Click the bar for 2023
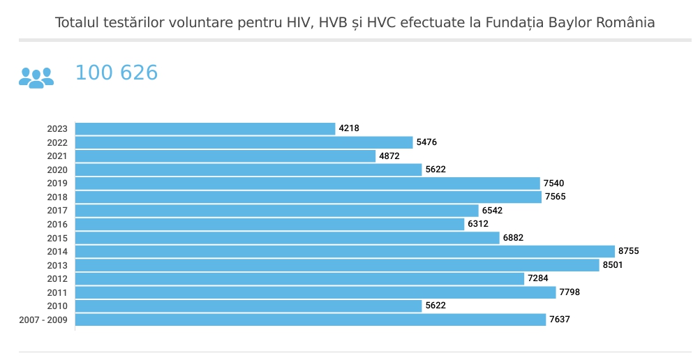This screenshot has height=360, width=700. tap(205, 128)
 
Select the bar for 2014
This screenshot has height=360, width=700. tap(345, 251)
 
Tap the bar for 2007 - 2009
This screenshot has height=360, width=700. tap(310, 320)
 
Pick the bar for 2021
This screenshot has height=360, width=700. tap(225, 156)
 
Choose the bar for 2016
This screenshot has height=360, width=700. tap(269, 224)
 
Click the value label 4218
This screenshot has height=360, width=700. tap(349, 128)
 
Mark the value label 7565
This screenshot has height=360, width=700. tap(556, 197)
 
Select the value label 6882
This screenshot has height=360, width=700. tap(513, 238)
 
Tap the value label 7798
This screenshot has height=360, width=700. tap(569, 292)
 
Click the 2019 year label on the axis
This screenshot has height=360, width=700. tap(57, 183)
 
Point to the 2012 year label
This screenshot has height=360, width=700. tap(57, 279)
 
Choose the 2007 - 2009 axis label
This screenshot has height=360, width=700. tap(43, 320)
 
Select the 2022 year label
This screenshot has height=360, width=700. tap(57, 142)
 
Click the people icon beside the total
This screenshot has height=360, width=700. tap(36, 77)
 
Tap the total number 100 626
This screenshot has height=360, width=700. tap(117, 73)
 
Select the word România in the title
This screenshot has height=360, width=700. tap(625, 22)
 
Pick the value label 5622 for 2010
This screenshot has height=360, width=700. tap(435, 306)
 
